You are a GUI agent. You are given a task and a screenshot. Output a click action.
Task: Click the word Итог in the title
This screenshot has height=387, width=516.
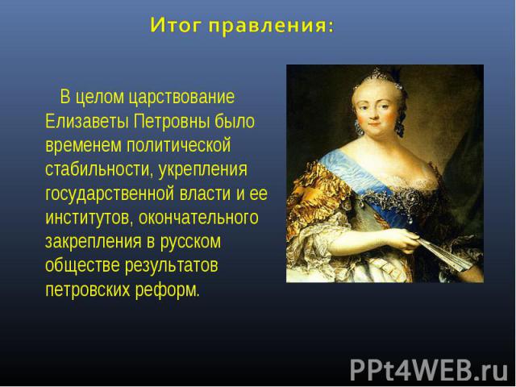(175, 25)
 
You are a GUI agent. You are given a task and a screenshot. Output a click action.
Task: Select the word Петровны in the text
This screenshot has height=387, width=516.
(171, 121)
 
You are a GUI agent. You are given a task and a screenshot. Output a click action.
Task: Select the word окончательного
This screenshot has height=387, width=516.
(198, 218)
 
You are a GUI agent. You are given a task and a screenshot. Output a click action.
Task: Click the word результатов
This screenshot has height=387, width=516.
(172, 266)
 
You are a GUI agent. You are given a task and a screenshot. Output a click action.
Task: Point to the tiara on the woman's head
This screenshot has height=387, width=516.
(378, 78)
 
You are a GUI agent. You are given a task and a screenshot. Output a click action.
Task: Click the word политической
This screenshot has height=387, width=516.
(179, 145)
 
